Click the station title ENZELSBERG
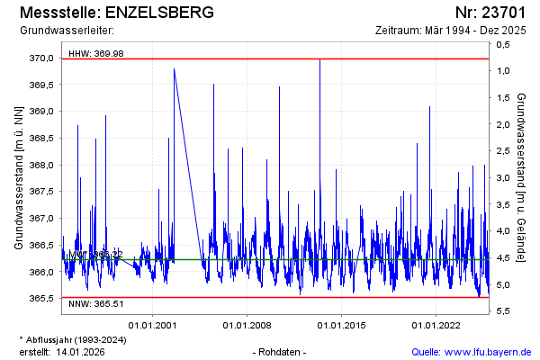pyautogui.click(x=160, y=13)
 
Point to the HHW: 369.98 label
pyautogui.click(x=95, y=54)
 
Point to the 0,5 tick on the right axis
pyautogui.click(x=503, y=44)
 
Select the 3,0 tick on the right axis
pyautogui.click(x=503, y=178)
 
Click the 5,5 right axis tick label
pyautogui.click(x=503, y=311)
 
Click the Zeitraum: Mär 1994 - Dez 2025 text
pyautogui.click(x=454, y=31)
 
